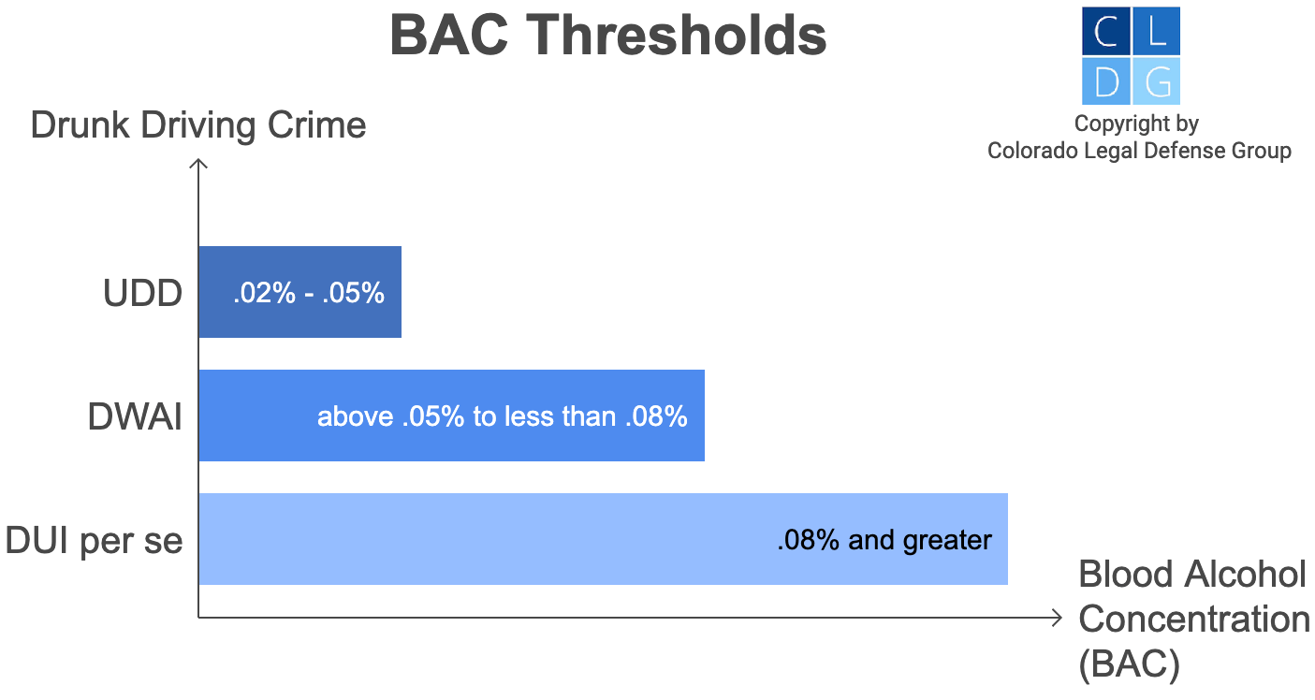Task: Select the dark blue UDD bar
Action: [300, 292]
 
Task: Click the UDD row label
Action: [142, 294]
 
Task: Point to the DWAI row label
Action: [135, 417]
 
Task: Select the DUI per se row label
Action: [94, 541]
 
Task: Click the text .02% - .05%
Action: [309, 293]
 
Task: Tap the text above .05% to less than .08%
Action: [503, 416]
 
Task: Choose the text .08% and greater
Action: [884, 540]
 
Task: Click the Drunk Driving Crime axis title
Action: [198, 125]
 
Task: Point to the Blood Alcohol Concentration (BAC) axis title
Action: [1193, 619]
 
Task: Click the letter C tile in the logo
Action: [1105, 32]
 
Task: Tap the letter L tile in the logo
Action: [1157, 32]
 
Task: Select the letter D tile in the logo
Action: [1105, 81]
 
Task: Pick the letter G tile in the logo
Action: [1157, 81]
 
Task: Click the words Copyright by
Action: [1136, 124]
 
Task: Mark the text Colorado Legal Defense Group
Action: [1139, 151]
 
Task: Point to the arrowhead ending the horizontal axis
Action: [1058, 618]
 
